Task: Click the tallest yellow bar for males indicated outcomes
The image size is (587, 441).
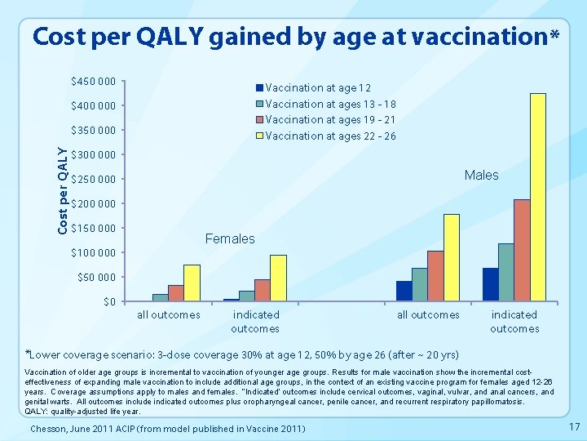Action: [537, 197]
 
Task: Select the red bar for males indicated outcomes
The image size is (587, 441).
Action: [522, 250]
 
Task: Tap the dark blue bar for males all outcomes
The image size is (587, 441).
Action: [404, 291]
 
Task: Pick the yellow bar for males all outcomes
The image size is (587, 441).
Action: [451, 257]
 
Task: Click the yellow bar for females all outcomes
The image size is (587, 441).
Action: [192, 283]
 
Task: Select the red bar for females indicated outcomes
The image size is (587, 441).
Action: [262, 290]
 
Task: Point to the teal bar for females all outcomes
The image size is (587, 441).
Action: [160, 297]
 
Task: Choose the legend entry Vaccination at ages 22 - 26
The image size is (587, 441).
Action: [330, 136]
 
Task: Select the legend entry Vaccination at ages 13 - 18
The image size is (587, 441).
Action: [330, 104]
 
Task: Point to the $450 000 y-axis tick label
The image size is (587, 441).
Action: [94, 82]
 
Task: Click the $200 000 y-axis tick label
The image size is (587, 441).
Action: [94, 203]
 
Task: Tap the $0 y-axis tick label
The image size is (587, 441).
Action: [109, 302]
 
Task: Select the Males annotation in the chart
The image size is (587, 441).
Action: [481, 175]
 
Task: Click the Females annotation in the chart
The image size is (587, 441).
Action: [230, 239]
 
